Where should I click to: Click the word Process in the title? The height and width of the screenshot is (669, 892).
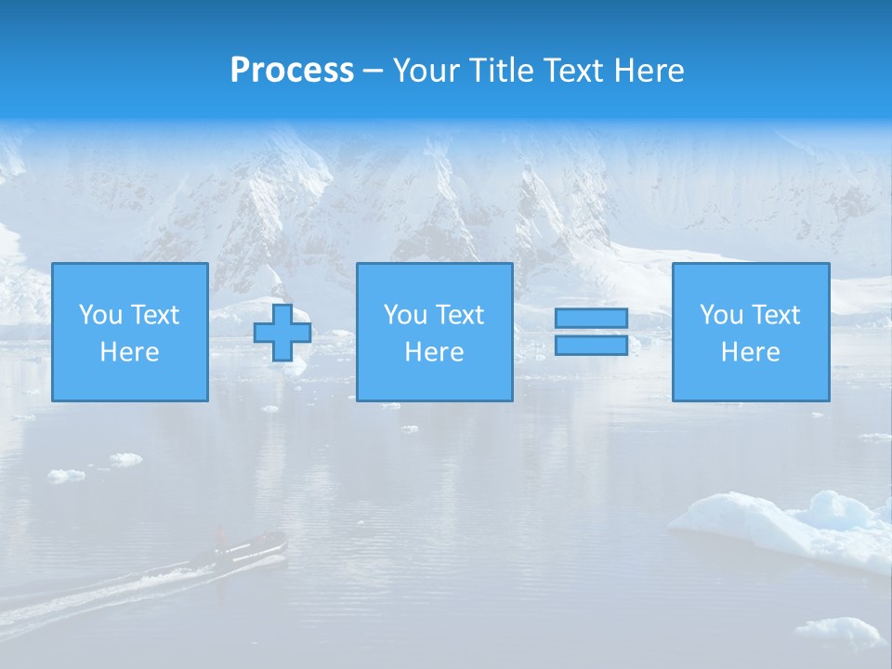coord(292,71)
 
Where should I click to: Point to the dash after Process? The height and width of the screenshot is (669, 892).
coord(374,72)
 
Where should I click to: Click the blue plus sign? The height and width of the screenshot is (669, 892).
coord(282,333)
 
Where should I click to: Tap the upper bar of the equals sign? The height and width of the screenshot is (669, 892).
coord(591,318)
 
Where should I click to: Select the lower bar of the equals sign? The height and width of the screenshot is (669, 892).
coord(591,346)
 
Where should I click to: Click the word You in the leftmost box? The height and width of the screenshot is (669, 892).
coord(100,315)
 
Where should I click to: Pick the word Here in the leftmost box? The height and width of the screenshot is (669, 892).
coord(129,352)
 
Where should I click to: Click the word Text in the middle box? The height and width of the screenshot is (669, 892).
coord(460,315)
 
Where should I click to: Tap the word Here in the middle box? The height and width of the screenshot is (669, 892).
coord(434,352)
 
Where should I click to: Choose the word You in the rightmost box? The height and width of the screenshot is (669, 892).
coord(721,315)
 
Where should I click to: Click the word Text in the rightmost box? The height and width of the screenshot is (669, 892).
coord(776,315)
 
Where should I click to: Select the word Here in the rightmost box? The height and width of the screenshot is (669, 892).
coord(750,352)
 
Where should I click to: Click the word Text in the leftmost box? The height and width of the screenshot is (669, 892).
coord(155,315)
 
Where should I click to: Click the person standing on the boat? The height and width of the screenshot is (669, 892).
coord(220,537)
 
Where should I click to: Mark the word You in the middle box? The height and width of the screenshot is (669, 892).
coord(405,315)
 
